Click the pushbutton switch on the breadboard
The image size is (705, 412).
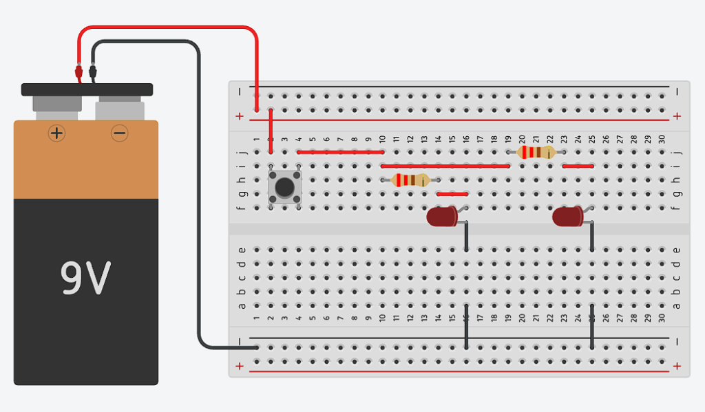(284, 186)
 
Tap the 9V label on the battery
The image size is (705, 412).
(85, 277)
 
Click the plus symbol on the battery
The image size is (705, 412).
(56, 133)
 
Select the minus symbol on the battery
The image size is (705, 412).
(119, 133)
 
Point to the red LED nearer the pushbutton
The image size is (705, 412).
(442, 217)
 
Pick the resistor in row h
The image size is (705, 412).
(410, 180)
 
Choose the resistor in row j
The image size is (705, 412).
(536, 152)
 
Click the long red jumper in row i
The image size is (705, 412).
(445, 166)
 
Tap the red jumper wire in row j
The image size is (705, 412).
(340, 152)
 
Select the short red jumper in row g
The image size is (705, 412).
(452, 194)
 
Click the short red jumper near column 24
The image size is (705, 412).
(578, 166)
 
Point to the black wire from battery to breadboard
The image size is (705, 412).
(200, 206)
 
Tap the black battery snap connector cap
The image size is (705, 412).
(87, 89)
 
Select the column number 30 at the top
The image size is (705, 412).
(661, 139)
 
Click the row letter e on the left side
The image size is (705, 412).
(241, 250)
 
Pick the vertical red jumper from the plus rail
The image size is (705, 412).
(271, 131)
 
